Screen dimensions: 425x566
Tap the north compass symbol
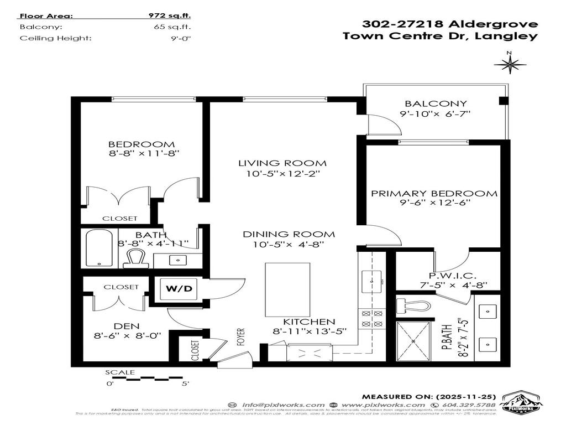[509, 65]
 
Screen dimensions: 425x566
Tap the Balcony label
[436, 103]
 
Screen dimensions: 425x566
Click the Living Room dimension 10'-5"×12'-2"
[282, 174]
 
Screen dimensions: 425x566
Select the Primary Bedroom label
[434, 194]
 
